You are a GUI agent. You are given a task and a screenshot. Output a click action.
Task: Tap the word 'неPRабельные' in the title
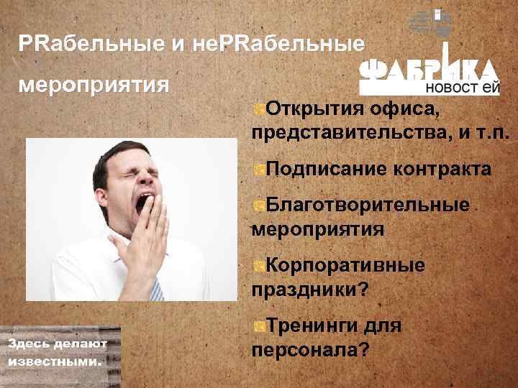click(x=278, y=45)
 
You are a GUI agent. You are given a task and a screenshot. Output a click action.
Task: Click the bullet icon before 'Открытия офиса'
click(x=258, y=110)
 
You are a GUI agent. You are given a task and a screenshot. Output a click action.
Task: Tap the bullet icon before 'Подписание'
click(x=258, y=170)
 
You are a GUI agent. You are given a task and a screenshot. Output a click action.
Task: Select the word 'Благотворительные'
click(x=368, y=205)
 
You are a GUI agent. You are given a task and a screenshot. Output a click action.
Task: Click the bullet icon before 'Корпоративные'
click(x=258, y=267)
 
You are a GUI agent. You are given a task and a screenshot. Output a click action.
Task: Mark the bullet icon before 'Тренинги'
click(x=258, y=327)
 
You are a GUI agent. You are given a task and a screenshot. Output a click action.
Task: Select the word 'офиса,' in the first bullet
click(x=406, y=109)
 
